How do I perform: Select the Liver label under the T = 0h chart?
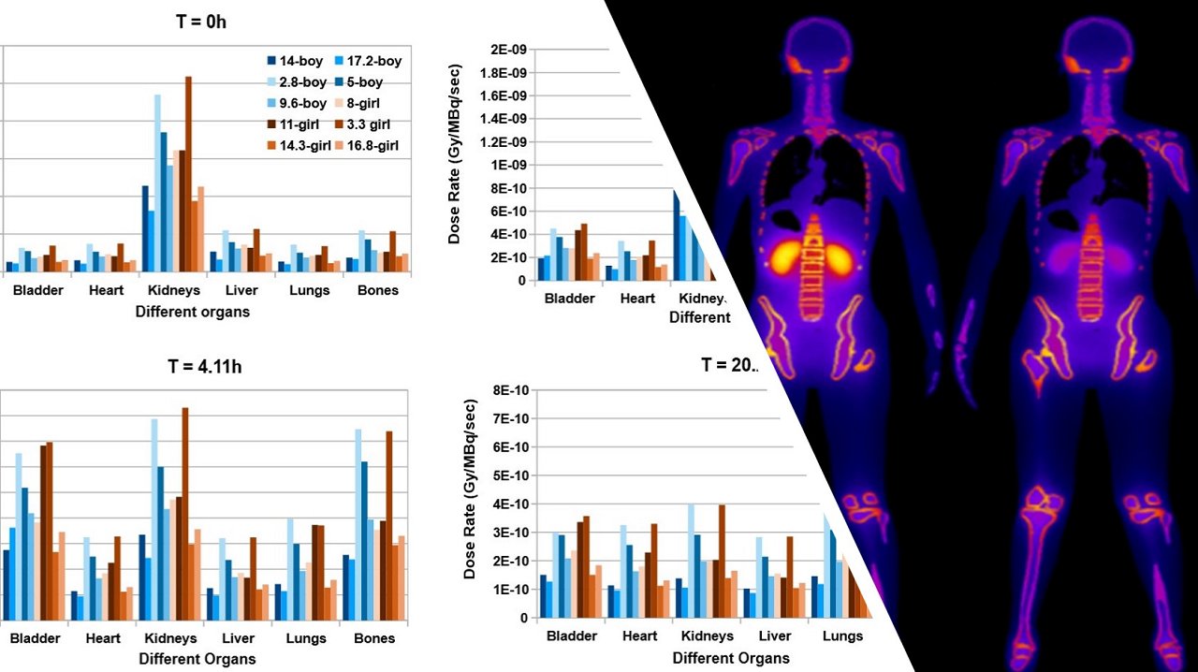coord(241,290)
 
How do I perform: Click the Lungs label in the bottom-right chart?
coord(842,636)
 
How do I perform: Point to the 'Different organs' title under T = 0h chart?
coord(193,312)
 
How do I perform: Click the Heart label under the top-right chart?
coord(637,299)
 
